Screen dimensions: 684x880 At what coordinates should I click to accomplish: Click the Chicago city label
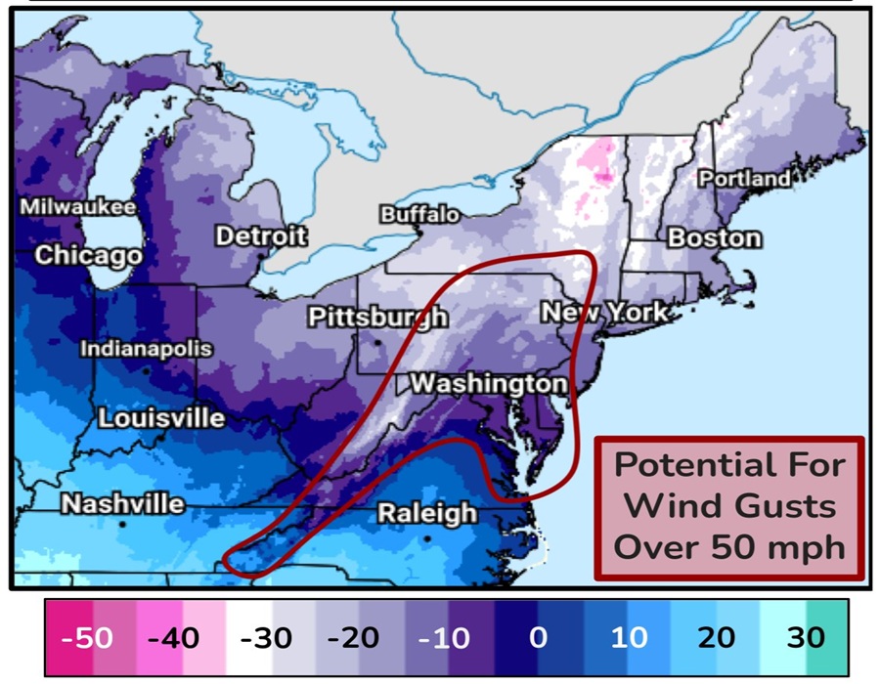click(x=88, y=256)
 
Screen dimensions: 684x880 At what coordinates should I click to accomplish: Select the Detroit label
click(x=260, y=235)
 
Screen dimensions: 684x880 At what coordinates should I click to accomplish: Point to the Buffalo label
click(x=418, y=214)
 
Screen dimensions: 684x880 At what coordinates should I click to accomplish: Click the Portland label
click(x=744, y=179)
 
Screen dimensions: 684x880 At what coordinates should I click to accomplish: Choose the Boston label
click(x=714, y=237)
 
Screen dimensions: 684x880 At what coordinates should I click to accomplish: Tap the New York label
click(x=605, y=313)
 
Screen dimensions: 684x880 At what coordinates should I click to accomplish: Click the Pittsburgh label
click(x=377, y=318)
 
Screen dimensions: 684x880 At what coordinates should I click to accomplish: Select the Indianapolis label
click(x=146, y=349)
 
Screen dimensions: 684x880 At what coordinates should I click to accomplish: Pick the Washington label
click(x=488, y=382)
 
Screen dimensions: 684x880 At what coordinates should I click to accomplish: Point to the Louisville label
click(x=161, y=418)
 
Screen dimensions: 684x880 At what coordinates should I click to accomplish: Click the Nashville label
click(x=122, y=504)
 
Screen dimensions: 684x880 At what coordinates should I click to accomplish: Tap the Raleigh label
click(x=427, y=512)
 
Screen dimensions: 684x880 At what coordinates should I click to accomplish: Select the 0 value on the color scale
click(x=538, y=638)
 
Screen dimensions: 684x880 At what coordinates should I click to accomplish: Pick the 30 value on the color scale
click(x=806, y=638)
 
